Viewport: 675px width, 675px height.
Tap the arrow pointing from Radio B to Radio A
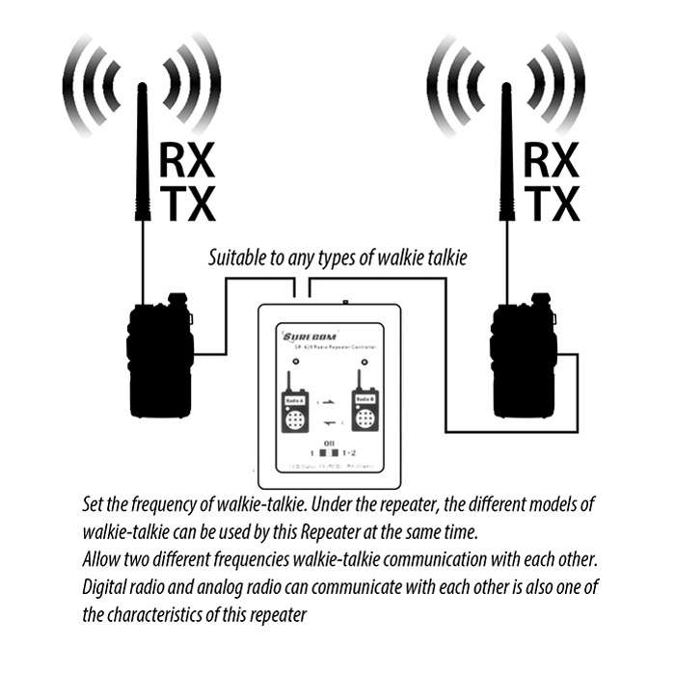tap(329, 421)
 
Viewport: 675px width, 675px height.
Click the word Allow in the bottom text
tap(103, 560)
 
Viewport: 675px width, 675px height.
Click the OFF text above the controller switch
tap(329, 440)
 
